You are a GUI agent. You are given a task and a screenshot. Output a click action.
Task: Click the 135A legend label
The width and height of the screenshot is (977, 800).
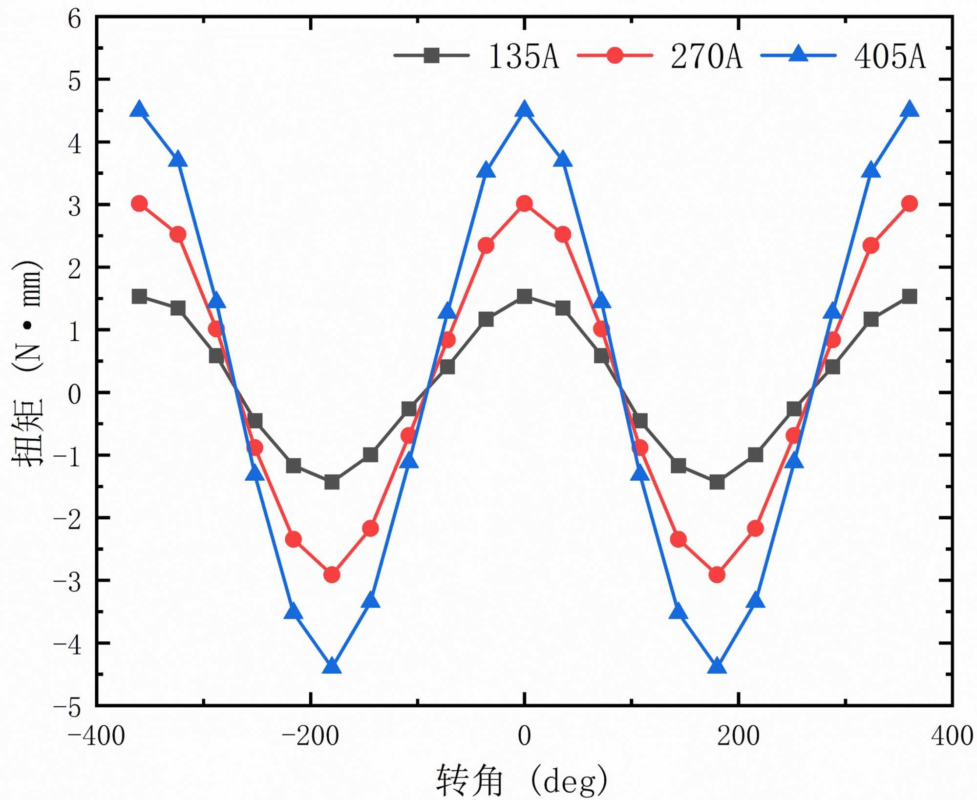523,56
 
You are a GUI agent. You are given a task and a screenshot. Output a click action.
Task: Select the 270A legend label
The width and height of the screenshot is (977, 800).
706,56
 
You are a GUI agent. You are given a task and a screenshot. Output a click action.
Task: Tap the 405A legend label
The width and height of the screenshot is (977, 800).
890,56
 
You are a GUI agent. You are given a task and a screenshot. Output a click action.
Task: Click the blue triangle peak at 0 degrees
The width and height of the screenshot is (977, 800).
525,110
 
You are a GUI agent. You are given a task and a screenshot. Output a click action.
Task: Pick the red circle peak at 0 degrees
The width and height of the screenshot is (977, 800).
525,203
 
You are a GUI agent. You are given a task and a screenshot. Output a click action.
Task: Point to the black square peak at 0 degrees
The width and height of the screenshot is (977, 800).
525,296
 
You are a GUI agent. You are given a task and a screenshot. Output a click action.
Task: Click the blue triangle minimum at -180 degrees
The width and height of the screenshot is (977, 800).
332,666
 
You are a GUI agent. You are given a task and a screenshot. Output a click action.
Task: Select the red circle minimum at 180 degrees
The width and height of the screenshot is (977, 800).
717,574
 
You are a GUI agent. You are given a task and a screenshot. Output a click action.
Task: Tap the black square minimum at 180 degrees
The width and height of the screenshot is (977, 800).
717,482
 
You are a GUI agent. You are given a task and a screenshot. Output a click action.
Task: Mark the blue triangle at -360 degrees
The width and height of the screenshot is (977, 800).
140,110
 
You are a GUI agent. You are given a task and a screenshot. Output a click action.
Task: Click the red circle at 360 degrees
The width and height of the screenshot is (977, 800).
910,203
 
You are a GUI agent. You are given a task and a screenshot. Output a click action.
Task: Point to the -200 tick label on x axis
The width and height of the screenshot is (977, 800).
310,736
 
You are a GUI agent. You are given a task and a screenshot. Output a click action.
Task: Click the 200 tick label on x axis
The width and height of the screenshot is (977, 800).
738,736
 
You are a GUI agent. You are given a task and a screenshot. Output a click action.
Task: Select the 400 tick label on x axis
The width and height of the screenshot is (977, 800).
952,736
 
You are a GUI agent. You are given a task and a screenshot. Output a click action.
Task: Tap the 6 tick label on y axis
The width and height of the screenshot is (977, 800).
75,20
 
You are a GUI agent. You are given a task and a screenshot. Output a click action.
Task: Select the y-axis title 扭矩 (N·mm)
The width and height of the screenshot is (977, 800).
28,364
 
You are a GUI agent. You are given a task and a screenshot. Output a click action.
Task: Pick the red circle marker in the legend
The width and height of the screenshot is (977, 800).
615,56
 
